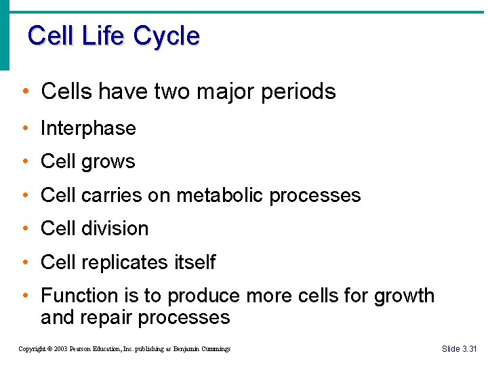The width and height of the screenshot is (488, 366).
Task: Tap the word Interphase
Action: tap(88, 128)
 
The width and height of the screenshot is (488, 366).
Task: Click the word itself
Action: tap(194, 262)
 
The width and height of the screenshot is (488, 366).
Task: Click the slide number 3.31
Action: tap(469, 349)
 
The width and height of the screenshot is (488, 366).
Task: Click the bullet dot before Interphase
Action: tap(25, 129)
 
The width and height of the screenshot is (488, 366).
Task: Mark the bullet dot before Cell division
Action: tap(25, 229)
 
